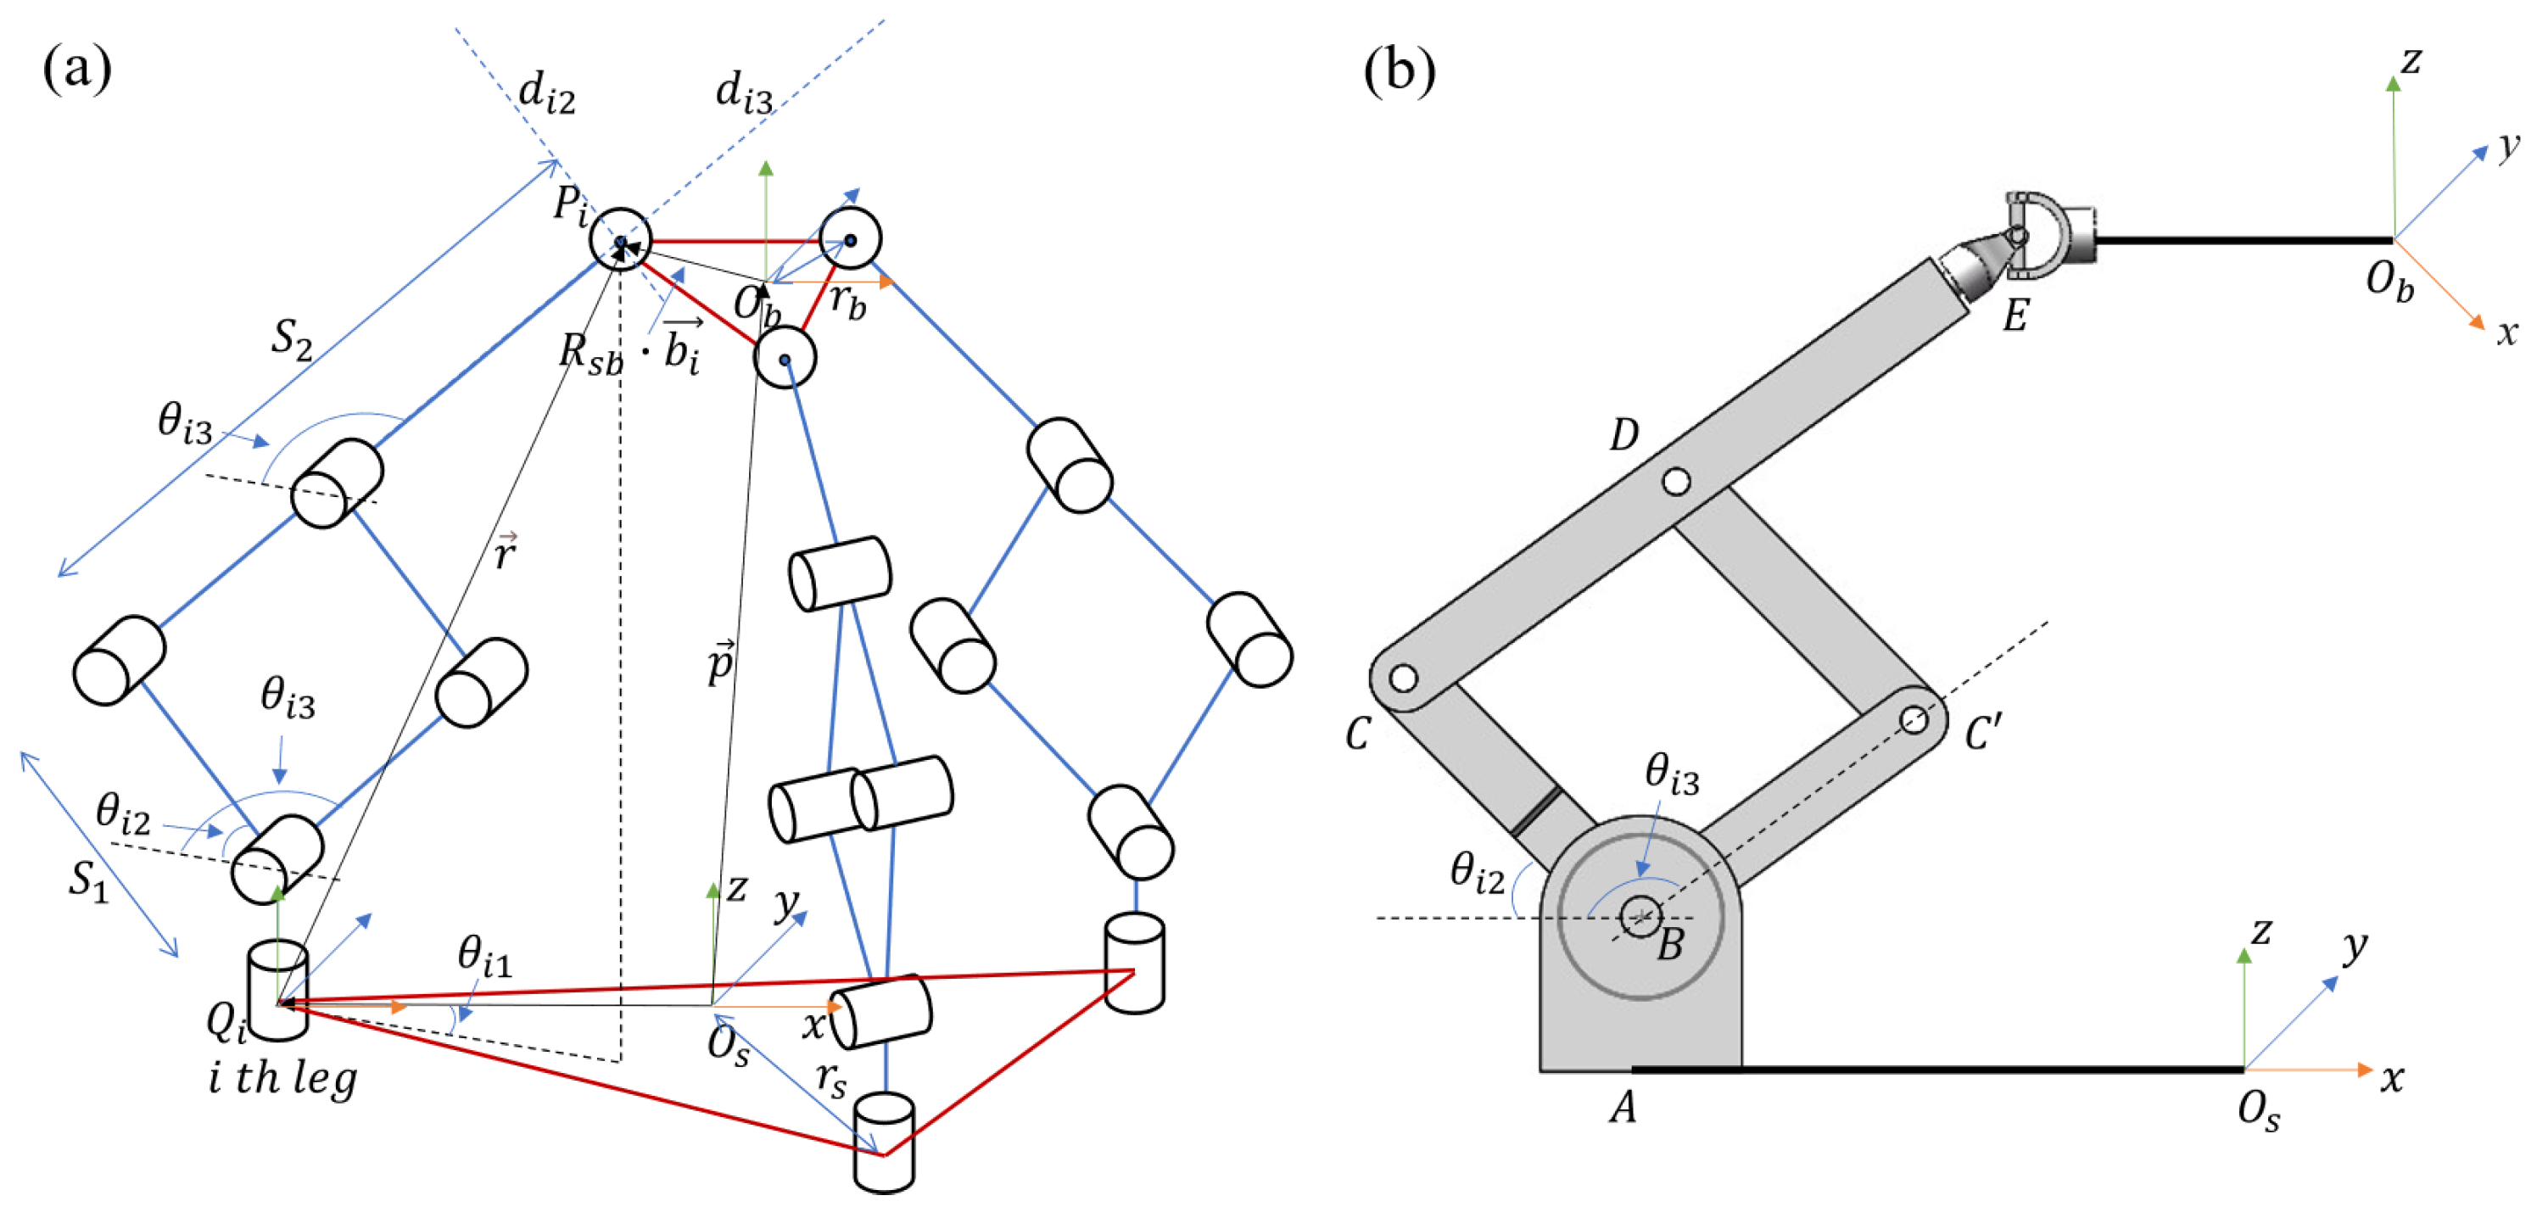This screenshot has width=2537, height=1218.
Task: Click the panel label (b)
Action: click(1399, 71)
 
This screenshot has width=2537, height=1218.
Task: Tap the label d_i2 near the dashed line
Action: click(545, 94)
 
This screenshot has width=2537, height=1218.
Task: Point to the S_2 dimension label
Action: click(292, 340)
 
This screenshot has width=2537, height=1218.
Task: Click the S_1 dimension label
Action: click(87, 880)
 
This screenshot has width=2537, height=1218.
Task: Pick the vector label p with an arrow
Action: click(721, 662)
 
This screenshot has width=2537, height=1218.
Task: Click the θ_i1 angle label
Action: click(484, 956)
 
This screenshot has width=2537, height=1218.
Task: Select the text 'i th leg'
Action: click(282, 1079)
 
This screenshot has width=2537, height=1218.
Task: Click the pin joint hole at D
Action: click(1676, 482)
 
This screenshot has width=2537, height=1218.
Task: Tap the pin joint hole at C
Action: click(1402, 679)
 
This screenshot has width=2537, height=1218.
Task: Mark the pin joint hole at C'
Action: click(1914, 720)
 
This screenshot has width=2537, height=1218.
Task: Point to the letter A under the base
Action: click(1623, 1109)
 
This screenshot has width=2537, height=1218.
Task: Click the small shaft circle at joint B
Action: click(1639, 917)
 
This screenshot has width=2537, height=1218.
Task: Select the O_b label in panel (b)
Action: click(2389, 282)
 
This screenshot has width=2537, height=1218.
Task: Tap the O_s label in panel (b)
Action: click(2258, 1113)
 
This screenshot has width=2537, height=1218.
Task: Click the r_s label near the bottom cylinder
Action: click(830, 1080)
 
